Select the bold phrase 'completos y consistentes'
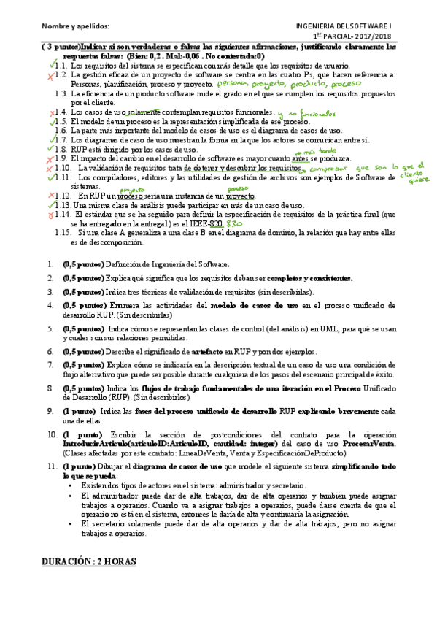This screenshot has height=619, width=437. [x=311, y=278]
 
